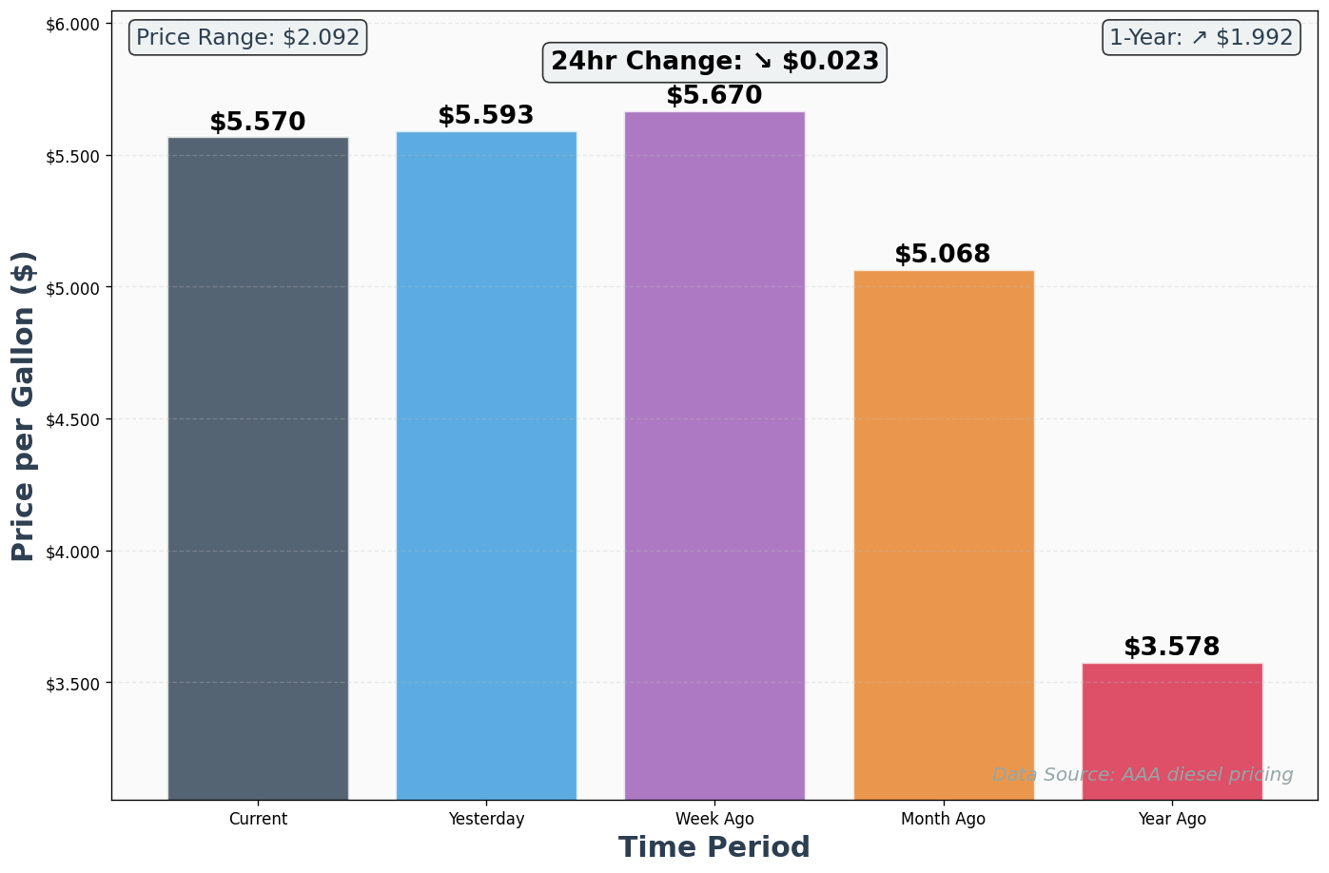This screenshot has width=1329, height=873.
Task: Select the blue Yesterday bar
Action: [486, 465]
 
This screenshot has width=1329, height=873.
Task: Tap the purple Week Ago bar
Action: [714, 456]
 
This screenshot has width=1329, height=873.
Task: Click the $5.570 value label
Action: [258, 123]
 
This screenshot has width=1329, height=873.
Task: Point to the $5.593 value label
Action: [486, 116]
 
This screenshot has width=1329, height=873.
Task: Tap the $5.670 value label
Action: [714, 96]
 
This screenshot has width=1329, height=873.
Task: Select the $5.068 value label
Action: [943, 255]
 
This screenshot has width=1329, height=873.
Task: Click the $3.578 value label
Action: [1172, 648]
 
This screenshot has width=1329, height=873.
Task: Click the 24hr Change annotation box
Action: [715, 62]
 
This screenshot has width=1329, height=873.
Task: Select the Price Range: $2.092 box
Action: [248, 38]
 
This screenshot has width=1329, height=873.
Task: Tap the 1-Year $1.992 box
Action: [1202, 38]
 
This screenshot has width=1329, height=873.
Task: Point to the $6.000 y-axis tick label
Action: [73, 25]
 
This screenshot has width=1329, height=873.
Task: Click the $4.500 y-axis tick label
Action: [73, 420]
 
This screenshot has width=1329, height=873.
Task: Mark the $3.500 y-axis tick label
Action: [73, 684]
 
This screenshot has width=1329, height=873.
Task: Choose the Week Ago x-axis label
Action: [714, 819]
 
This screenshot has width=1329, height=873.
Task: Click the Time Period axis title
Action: [714, 847]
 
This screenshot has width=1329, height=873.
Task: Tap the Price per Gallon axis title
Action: [24, 406]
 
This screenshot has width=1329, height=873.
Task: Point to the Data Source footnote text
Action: [1143, 775]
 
